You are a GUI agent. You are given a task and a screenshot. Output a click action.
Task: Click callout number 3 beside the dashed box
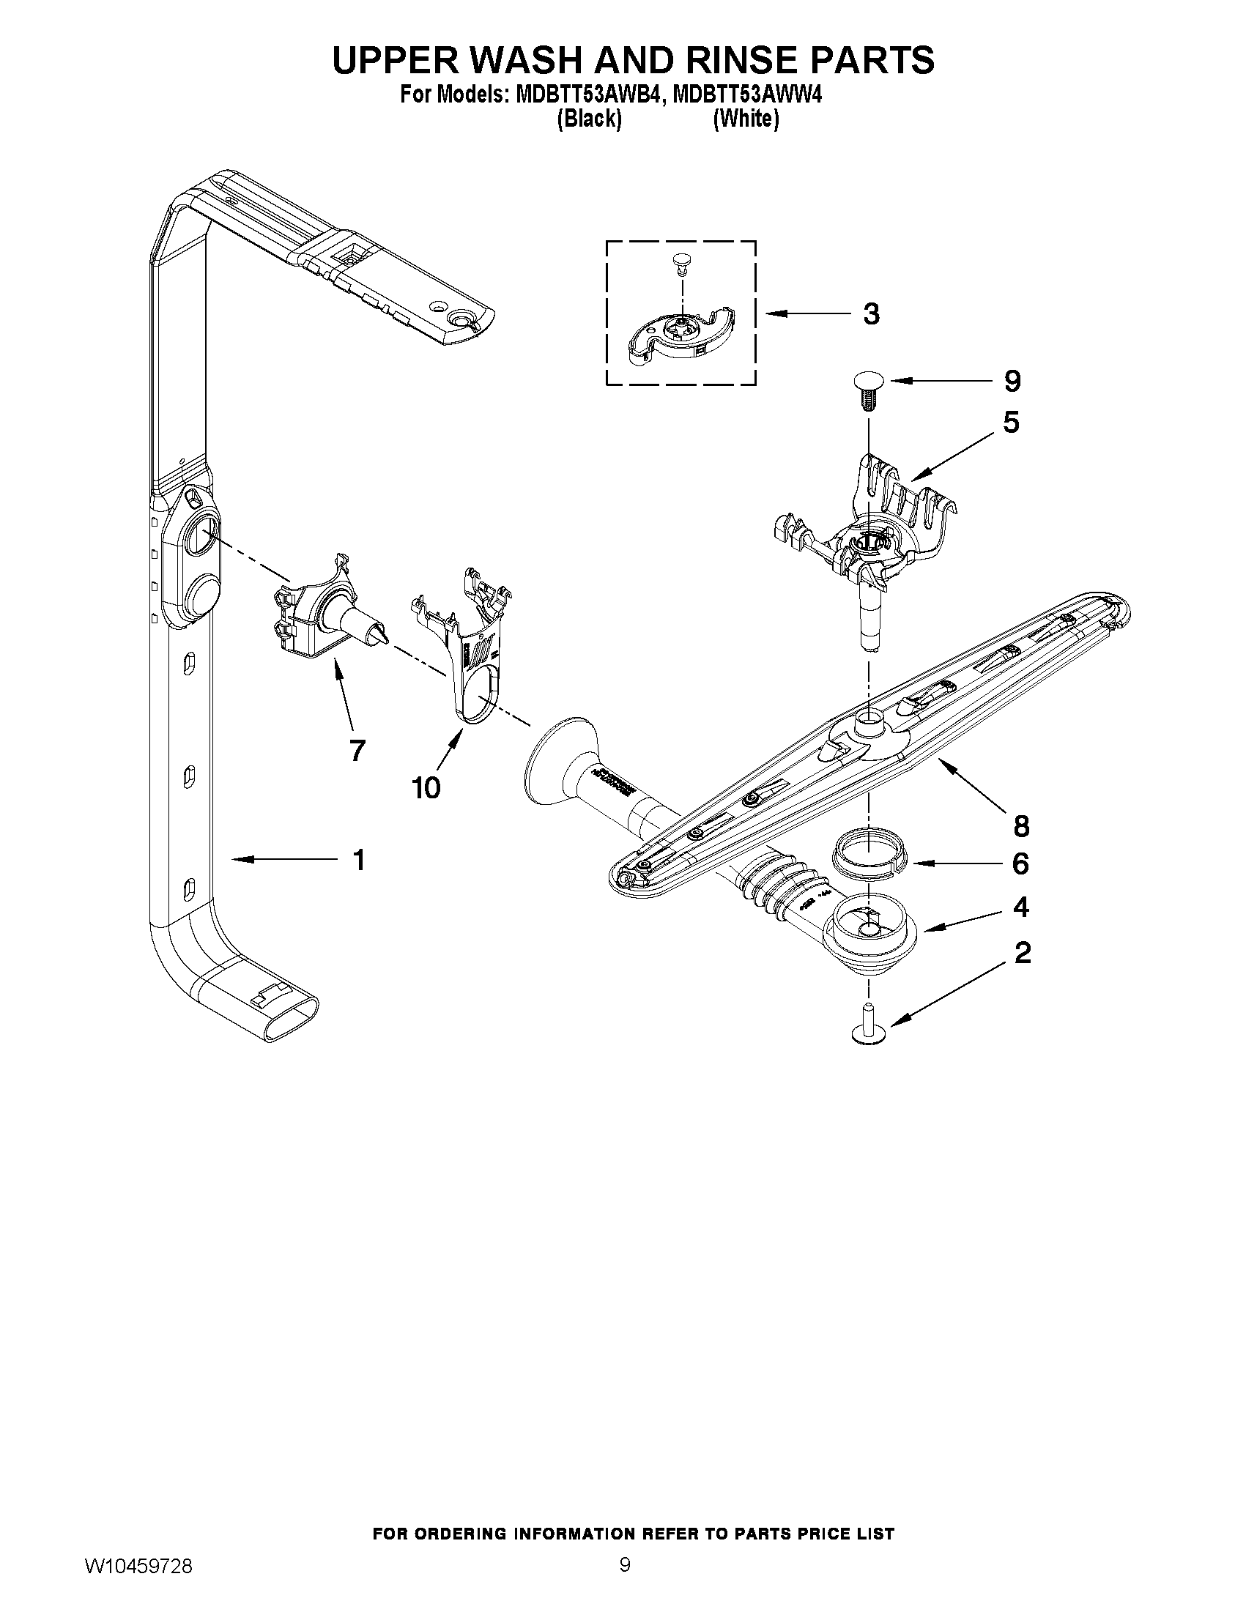coord(871,314)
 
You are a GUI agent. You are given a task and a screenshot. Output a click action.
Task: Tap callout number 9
coord(1012,381)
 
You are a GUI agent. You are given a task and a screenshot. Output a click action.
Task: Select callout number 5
coord(1011,423)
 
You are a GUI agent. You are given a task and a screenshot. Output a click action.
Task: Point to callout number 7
coord(357,750)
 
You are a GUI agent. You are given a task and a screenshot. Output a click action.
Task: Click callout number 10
coord(426,788)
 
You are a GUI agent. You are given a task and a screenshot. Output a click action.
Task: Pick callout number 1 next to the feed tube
coord(359,860)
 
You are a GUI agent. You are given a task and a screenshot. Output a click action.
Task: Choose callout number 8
coord(1021,826)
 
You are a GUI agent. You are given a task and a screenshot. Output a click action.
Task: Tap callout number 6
coord(1020,863)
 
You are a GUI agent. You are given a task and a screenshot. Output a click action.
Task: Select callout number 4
coord(1021,907)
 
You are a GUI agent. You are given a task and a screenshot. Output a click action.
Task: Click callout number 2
coord(1023,954)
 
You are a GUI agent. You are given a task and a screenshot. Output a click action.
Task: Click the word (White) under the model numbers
coord(746,119)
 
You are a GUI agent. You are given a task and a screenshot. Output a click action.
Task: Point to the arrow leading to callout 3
coord(804,314)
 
